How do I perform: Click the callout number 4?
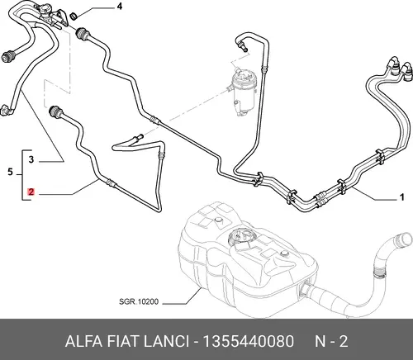click(120, 7)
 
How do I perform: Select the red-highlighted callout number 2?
click(31, 192)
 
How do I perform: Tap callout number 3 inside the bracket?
click(31, 159)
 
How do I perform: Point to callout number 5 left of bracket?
click(10, 172)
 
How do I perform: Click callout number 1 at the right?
click(402, 197)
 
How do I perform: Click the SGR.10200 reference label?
click(139, 301)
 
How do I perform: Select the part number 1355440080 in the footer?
click(249, 341)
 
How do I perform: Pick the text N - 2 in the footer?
click(331, 341)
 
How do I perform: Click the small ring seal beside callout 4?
click(74, 17)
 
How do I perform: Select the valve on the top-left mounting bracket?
click(44, 12)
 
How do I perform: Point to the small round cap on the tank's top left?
click(218, 220)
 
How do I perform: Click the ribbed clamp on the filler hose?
click(379, 272)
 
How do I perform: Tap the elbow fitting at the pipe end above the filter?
click(241, 45)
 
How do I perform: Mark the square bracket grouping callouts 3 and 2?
click(22, 175)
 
